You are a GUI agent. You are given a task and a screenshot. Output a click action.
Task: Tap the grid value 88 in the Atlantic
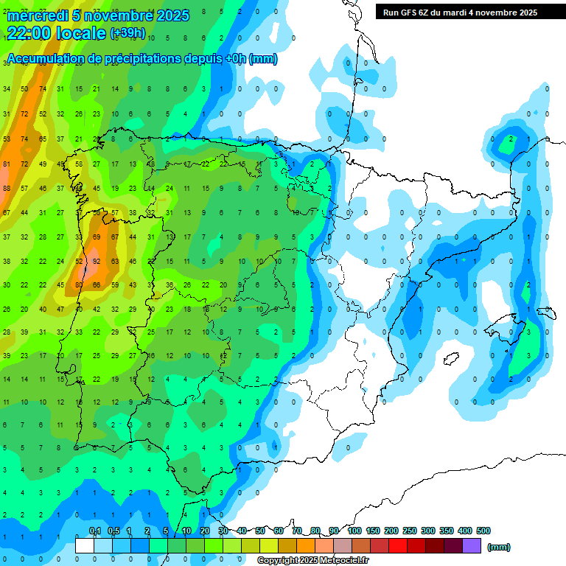pos(7,188)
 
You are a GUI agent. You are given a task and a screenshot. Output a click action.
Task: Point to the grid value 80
pos(79,284)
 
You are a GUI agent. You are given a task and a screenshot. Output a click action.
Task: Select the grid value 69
pos(97,237)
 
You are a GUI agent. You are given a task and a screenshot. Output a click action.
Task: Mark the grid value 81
pos(7,164)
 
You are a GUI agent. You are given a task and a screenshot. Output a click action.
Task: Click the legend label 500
pos(483,531)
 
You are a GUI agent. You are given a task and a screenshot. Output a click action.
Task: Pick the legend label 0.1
pos(95,531)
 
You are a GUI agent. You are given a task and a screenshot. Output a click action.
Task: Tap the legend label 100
pos(354,531)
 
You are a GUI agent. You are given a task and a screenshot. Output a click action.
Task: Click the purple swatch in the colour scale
pos(472,545)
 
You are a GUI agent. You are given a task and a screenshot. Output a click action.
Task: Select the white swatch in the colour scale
pos(85,545)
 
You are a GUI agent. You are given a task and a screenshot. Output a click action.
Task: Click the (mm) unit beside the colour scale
pos(499,547)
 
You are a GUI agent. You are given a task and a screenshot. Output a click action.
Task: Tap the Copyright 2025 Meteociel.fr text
pos(312,561)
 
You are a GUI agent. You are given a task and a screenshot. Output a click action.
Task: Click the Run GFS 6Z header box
pos(460,13)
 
